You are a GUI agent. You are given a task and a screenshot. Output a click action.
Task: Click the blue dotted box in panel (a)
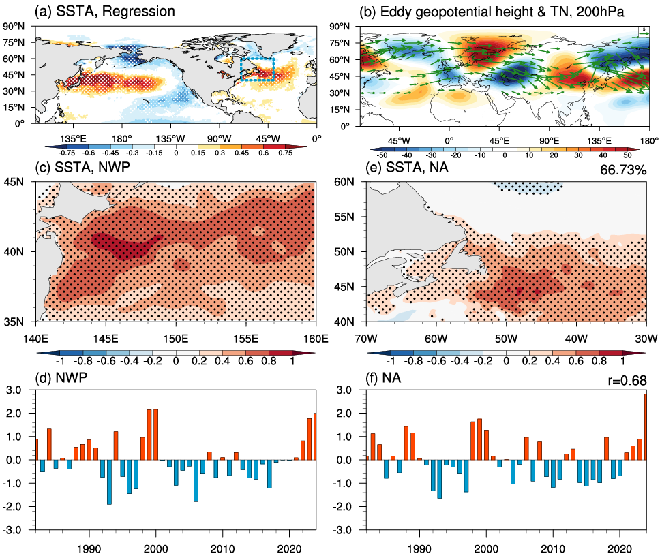coord(256,69)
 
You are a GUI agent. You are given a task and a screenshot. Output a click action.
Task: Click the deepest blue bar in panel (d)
coord(109,482)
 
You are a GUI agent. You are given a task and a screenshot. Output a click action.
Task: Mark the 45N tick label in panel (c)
coord(22,181)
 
